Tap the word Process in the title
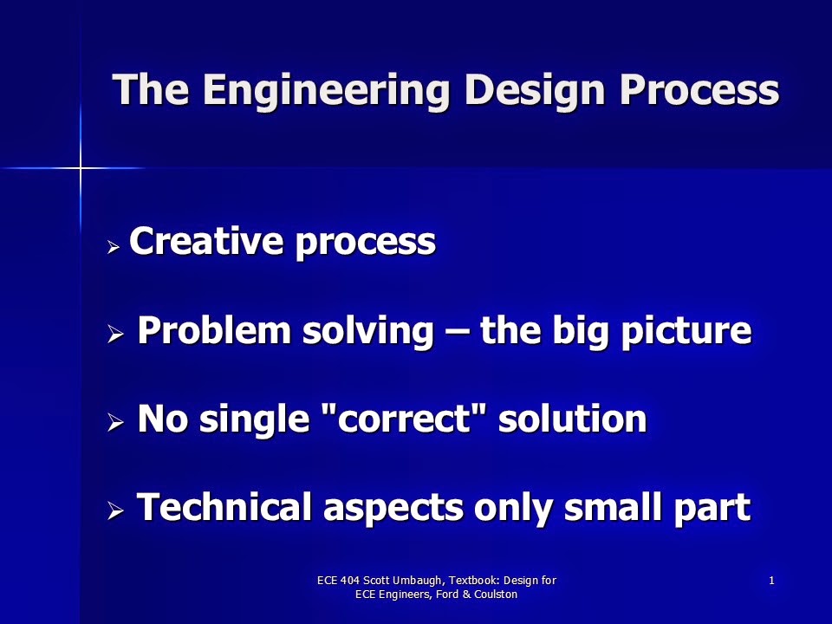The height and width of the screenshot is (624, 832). [x=699, y=89]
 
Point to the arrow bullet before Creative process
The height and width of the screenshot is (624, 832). [x=114, y=247]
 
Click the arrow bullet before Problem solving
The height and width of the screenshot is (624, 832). [x=115, y=335]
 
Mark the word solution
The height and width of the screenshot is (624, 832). [x=573, y=419]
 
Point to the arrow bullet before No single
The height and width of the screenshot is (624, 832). [x=115, y=423]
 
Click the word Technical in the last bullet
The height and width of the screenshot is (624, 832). [x=224, y=507]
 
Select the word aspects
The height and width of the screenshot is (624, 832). [x=393, y=510]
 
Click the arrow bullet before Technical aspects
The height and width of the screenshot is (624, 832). [x=115, y=511]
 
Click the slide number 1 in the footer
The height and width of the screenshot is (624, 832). [x=771, y=581]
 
